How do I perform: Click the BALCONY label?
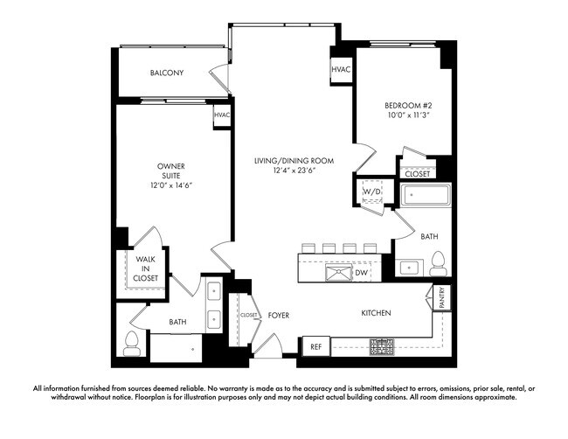pos(166,73)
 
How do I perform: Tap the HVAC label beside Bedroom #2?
pos(341,70)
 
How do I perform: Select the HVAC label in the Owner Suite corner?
pos(222,115)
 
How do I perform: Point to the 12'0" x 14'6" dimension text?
pos(170,185)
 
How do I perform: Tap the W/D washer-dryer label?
pos(371,192)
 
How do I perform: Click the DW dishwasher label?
pos(360,274)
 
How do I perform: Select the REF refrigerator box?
pos(316,346)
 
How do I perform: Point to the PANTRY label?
pos(442,298)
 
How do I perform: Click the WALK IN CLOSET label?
pos(146,268)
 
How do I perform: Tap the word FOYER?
pos(279,315)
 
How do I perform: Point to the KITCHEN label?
pos(376,312)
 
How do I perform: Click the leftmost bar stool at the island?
pos(308,247)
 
